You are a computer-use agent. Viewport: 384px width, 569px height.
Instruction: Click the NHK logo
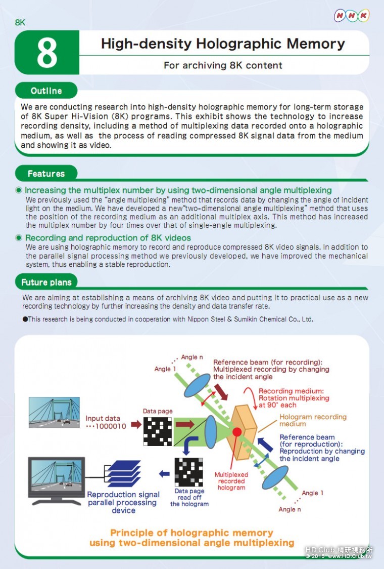352,16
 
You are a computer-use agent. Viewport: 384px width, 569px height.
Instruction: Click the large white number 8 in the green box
47,53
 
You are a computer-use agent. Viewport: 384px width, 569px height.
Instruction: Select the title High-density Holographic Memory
223,44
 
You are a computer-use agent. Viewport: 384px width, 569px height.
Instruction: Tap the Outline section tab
46,91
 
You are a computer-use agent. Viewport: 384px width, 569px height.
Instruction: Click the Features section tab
46,174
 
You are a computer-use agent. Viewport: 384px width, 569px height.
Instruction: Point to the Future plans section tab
46,282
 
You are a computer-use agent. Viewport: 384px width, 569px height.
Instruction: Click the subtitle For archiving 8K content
223,65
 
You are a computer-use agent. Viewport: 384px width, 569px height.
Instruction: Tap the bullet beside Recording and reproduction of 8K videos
19,238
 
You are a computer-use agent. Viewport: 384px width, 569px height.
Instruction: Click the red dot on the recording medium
236,432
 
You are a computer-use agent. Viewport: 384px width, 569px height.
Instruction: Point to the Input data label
103,418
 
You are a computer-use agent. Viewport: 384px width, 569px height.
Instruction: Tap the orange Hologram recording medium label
313,420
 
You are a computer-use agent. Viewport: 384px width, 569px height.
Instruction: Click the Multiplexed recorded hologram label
231,481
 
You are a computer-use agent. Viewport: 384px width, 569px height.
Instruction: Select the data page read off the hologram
188,472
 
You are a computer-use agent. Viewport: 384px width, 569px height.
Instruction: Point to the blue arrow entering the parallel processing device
164,474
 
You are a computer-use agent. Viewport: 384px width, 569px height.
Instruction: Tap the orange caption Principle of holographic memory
191,533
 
